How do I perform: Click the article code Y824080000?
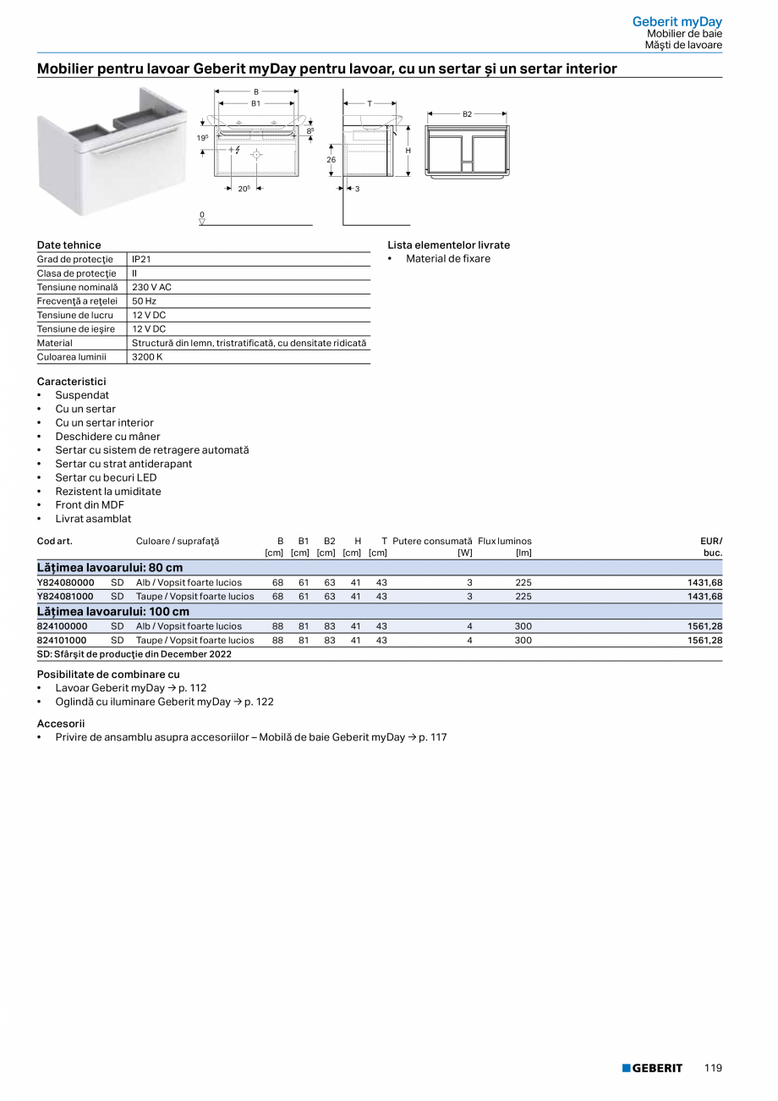click(65, 582)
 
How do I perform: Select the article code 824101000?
click(62, 641)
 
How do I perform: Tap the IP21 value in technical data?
click(141, 259)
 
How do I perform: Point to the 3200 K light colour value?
click(147, 357)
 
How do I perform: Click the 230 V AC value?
click(151, 287)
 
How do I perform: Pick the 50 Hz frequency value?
click(144, 301)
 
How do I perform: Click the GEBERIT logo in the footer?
click(652, 1068)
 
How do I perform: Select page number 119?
click(713, 1068)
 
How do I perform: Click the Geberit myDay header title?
click(677, 21)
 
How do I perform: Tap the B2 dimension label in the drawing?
click(467, 113)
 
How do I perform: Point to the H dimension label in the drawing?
click(408, 151)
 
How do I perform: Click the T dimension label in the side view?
click(369, 103)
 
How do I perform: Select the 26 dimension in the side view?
click(331, 159)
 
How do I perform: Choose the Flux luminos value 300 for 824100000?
click(523, 626)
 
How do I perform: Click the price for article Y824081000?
click(704, 597)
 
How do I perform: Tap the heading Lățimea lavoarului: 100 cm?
click(112, 611)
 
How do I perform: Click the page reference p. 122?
click(259, 702)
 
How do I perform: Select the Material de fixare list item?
click(447, 259)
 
